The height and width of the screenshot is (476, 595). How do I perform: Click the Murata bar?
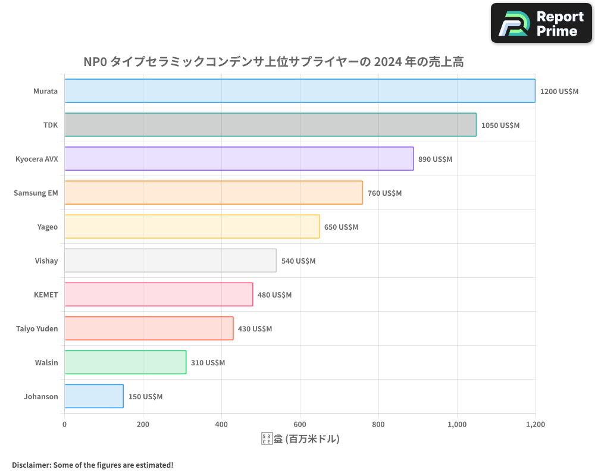[x=299, y=91]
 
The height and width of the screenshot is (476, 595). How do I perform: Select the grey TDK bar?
[x=270, y=125]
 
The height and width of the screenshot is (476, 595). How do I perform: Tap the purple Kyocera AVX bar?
[x=239, y=159]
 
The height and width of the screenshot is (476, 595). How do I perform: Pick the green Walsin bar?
[x=125, y=362]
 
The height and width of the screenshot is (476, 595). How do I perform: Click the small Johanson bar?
[x=94, y=396]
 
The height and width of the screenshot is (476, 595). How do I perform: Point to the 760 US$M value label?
[x=384, y=193]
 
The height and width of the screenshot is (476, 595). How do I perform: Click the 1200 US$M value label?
[x=559, y=92]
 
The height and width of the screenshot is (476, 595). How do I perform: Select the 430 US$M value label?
[x=255, y=329]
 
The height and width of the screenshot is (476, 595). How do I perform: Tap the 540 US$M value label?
[x=298, y=261]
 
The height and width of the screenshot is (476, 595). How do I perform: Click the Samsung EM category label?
[x=36, y=193]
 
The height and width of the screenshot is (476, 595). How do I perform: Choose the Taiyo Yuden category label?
[x=37, y=328]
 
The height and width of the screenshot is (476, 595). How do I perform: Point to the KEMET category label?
[x=46, y=295]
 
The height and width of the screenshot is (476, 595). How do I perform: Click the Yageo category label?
[x=47, y=227]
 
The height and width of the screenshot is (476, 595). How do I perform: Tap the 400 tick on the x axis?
[x=221, y=424]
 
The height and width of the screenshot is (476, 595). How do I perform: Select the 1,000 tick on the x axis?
[x=456, y=424]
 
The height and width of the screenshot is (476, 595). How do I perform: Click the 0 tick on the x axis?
[x=64, y=424]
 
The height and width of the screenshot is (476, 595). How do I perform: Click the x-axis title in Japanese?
[x=300, y=439]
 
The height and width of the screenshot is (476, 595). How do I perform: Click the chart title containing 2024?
[x=273, y=61]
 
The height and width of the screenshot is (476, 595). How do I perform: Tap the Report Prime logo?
[x=541, y=23]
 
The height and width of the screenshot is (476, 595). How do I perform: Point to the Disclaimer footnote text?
[x=92, y=465]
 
